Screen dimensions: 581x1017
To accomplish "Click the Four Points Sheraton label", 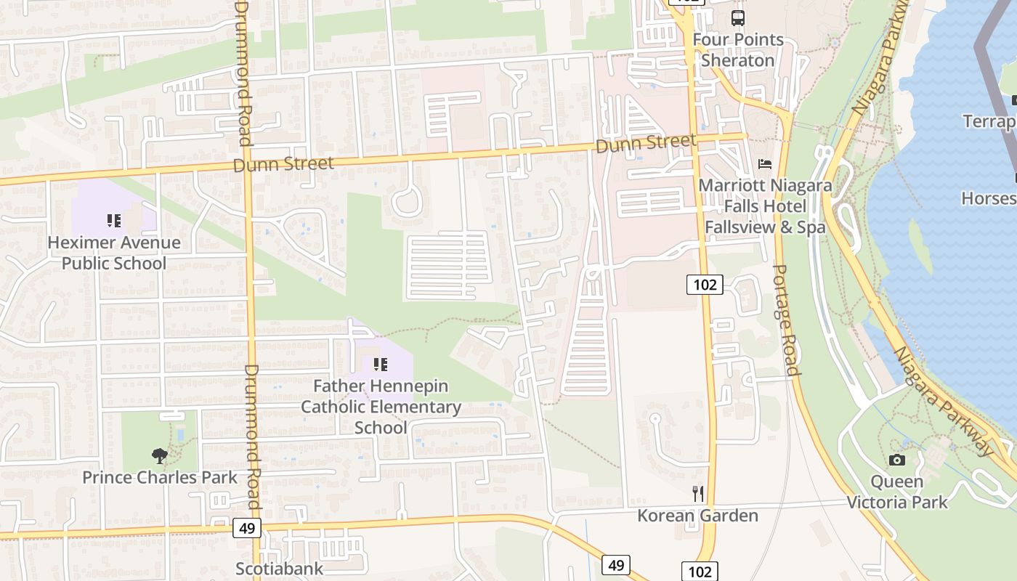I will (x=738, y=50).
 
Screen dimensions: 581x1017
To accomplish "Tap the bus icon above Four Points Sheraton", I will (x=738, y=18).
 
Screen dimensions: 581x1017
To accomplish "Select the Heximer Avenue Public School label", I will (x=114, y=253).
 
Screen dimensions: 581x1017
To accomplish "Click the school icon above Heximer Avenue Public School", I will (x=113, y=220).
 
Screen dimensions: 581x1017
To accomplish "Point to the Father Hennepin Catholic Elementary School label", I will (x=381, y=407).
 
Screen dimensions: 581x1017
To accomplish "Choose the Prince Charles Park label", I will (x=160, y=477).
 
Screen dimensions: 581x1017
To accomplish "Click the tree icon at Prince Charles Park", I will (x=159, y=456).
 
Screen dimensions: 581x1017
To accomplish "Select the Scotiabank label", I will (x=279, y=569).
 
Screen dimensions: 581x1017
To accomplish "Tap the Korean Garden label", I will (x=697, y=516).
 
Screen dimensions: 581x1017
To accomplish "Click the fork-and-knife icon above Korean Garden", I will (x=698, y=494).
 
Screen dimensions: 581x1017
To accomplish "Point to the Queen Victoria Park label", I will (x=897, y=492).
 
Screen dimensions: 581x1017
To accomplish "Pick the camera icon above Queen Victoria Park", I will (x=897, y=460).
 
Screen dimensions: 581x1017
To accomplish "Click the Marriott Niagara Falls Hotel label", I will (x=765, y=206).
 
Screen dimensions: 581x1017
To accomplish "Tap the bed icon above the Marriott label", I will (x=765, y=164).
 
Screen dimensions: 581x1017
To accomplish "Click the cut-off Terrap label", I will (x=989, y=121).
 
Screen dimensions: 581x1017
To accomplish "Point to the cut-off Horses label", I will (x=988, y=198).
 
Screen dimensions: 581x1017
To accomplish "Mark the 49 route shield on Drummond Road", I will (x=247, y=528).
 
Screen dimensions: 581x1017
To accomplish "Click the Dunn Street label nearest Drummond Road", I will (x=283, y=164).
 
